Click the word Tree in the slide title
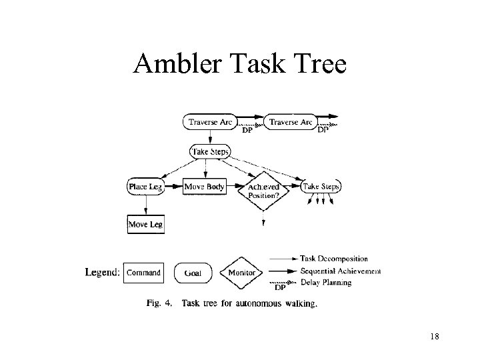pyautogui.click(x=321, y=64)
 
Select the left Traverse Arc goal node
pyautogui.click(x=210, y=122)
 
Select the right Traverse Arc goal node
pyautogui.click(x=290, y=122)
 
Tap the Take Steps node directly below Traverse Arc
pyautogui.click(x=210, y=152)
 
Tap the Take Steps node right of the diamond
pyautogui.click(x=321, y=187)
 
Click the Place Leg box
pyautogui.click(x=145, y=187)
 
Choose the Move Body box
pyautogui.click(x=204, y=187)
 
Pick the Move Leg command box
pyautogui.click(x=145, y=224)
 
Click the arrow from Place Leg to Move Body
pyautogui.click(x=173, y=187)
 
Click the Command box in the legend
pyautogui.click(x=143, y=273)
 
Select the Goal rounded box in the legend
pyautogui.click(x=193, y=273)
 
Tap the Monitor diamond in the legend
pyautogui.click(x=241, y=273)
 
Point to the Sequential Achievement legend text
pyautogui.click(x=340, y=271)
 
